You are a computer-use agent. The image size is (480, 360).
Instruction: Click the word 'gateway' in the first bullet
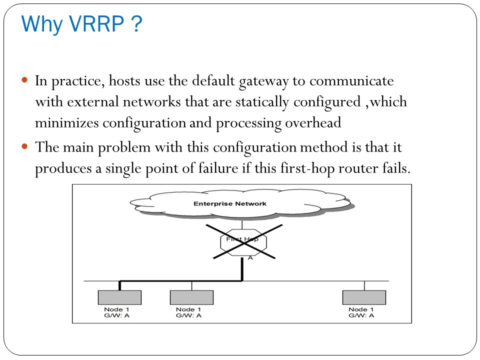(x=266, y=80)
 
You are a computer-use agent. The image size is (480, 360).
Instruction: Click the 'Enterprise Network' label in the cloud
(x=229, y=203)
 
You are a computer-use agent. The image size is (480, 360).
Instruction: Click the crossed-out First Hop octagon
(x=244, y=241)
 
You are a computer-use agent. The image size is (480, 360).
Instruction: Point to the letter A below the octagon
(x=250, y=258)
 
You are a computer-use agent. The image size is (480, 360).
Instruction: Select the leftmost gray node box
(x=119, y=297)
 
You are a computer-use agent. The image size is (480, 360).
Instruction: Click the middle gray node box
(x=191, y=297)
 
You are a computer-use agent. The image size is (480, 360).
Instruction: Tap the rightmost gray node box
(x=364, y=297)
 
